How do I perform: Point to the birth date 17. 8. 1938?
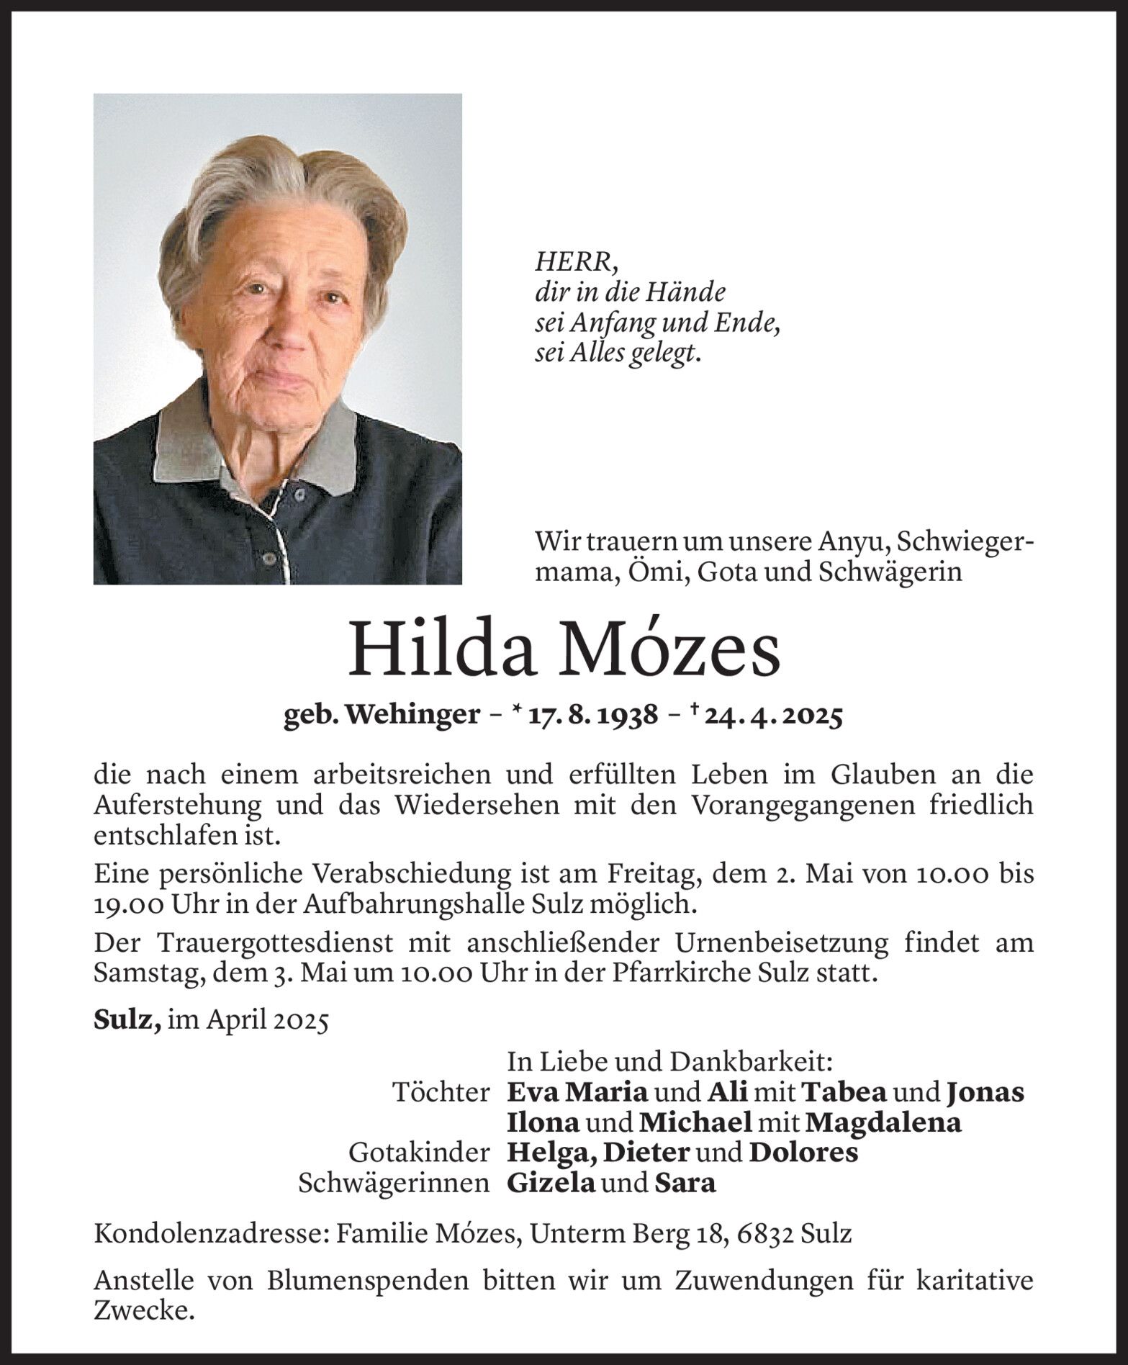click(x=592, y=716)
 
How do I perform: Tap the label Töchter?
click(x=441, y=1092)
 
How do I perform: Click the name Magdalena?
click(x=883, y=1122)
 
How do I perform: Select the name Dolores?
click(x=803, y=1153)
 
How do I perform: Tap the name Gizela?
click(x=551, y=1183)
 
